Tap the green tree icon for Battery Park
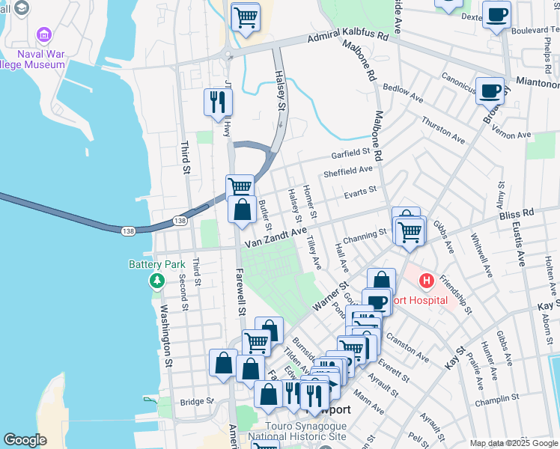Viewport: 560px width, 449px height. tap(156, 281)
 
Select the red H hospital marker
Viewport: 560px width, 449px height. tap(426, 282)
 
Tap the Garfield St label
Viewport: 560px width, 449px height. tap(352, 153)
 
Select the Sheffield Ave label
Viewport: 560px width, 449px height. tap(347, 172)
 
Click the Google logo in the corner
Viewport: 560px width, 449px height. tap(25, 440)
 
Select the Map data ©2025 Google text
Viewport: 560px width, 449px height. tap(513, 443)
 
